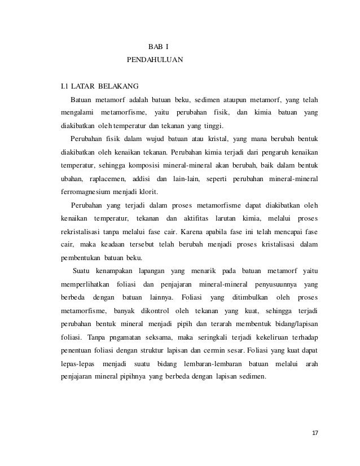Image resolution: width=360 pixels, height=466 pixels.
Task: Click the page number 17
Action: (315, 432)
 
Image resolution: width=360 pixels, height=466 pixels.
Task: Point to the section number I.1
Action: (65, 86)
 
